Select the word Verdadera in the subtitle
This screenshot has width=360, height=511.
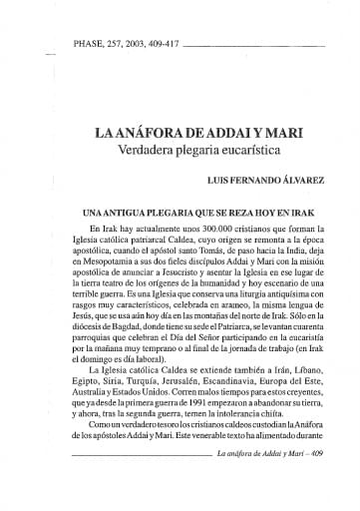click(153, 153)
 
